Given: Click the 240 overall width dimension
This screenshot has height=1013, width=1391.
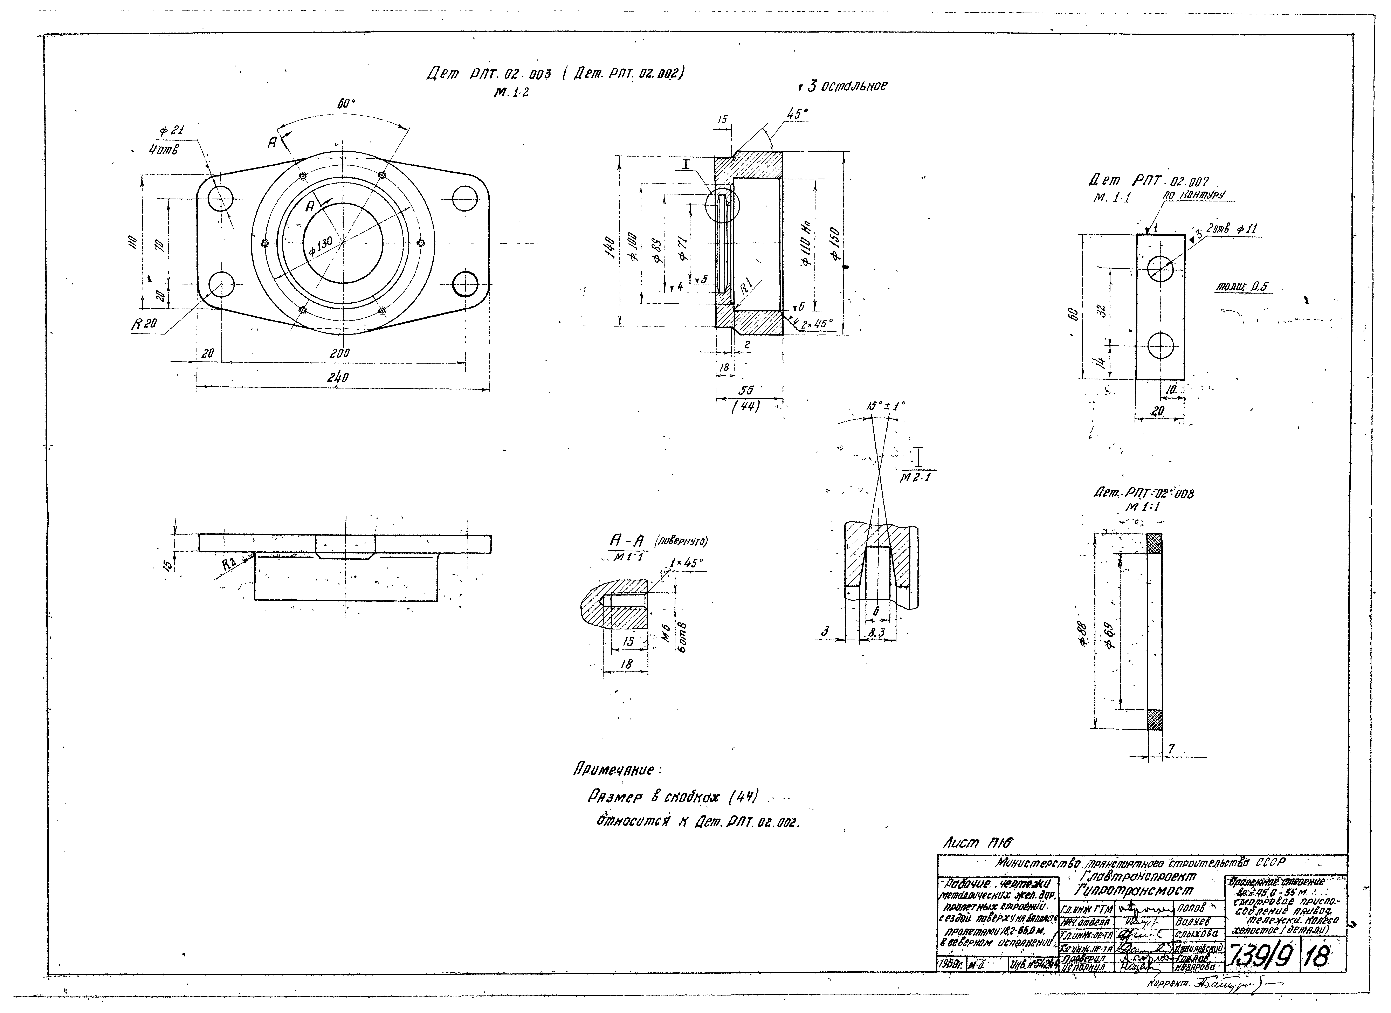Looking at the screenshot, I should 337,378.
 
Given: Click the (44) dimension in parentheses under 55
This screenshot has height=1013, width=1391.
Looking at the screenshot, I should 746,406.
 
